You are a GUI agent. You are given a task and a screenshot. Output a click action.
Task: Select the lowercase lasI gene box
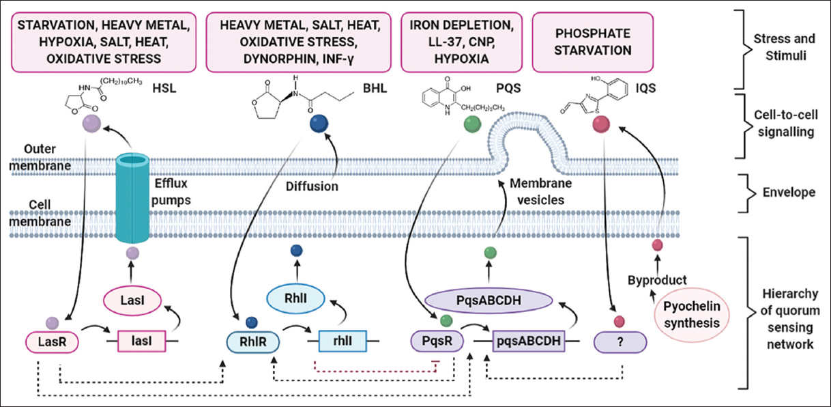click(x=142, y=339)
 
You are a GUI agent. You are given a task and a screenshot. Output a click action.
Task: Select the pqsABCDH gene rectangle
click(x=529, y=339)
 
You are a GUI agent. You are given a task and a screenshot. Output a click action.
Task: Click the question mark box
click(x=619, y=339)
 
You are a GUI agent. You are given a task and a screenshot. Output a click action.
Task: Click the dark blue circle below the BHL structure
click(x=317, y=124)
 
